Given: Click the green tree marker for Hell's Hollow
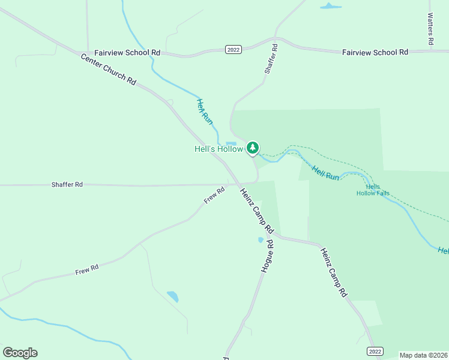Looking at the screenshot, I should click(x=253, y=148).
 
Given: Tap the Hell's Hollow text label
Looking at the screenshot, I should click(x=218, y=149).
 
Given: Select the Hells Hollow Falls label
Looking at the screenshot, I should click(x=373, y=190).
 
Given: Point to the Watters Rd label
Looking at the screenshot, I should click(x=430, y=29).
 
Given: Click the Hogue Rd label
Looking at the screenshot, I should click(x=268, y=256).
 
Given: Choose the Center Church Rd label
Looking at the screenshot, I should click(x=109, y=69).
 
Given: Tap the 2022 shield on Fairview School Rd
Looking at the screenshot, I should click(x=234, y=49).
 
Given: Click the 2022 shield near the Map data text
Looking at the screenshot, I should click(x=375, y=351).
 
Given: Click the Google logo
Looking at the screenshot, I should click(x=20, y=353).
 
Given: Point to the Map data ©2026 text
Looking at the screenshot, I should click(x=423, y=355).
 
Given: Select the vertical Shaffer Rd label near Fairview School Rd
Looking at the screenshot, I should click(x=271, y=59).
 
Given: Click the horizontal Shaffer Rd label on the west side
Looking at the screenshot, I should click(x=67, y=185).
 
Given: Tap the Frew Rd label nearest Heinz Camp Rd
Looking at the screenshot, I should click(x=214, y=195).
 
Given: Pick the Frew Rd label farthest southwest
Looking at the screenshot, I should click(x=86, y=271).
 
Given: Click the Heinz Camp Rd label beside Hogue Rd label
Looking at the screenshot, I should click(x=256, y=211).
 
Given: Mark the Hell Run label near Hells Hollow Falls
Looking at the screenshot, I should click(x=326, y=173).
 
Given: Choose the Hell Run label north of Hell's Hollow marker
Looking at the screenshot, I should click(x=205, y=112).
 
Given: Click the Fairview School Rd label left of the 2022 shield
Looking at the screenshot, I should click(x=127, y=52).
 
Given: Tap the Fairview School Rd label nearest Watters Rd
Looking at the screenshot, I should click(x=375, y=52).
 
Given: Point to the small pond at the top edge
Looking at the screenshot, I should click(x=330, y=7).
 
